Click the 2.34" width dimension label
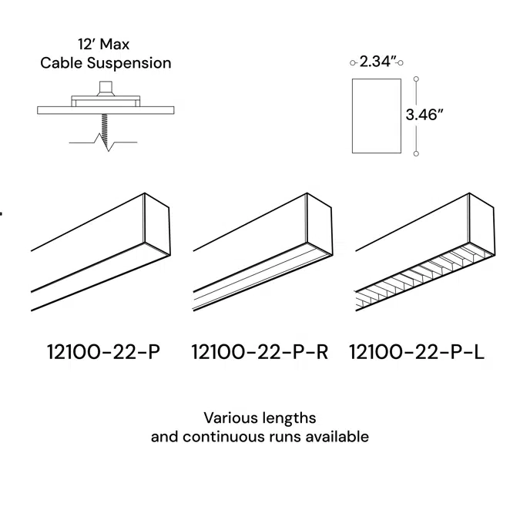377,62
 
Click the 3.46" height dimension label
425,115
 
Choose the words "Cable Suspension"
106,63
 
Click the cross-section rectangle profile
377,115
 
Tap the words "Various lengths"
260,418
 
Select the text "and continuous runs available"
260,437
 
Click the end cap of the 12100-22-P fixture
157,223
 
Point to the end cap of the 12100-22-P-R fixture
320,223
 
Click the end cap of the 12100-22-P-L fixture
481,223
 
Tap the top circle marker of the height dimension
417,79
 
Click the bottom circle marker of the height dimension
417,153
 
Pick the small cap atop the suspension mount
106,86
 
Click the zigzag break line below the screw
106,143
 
